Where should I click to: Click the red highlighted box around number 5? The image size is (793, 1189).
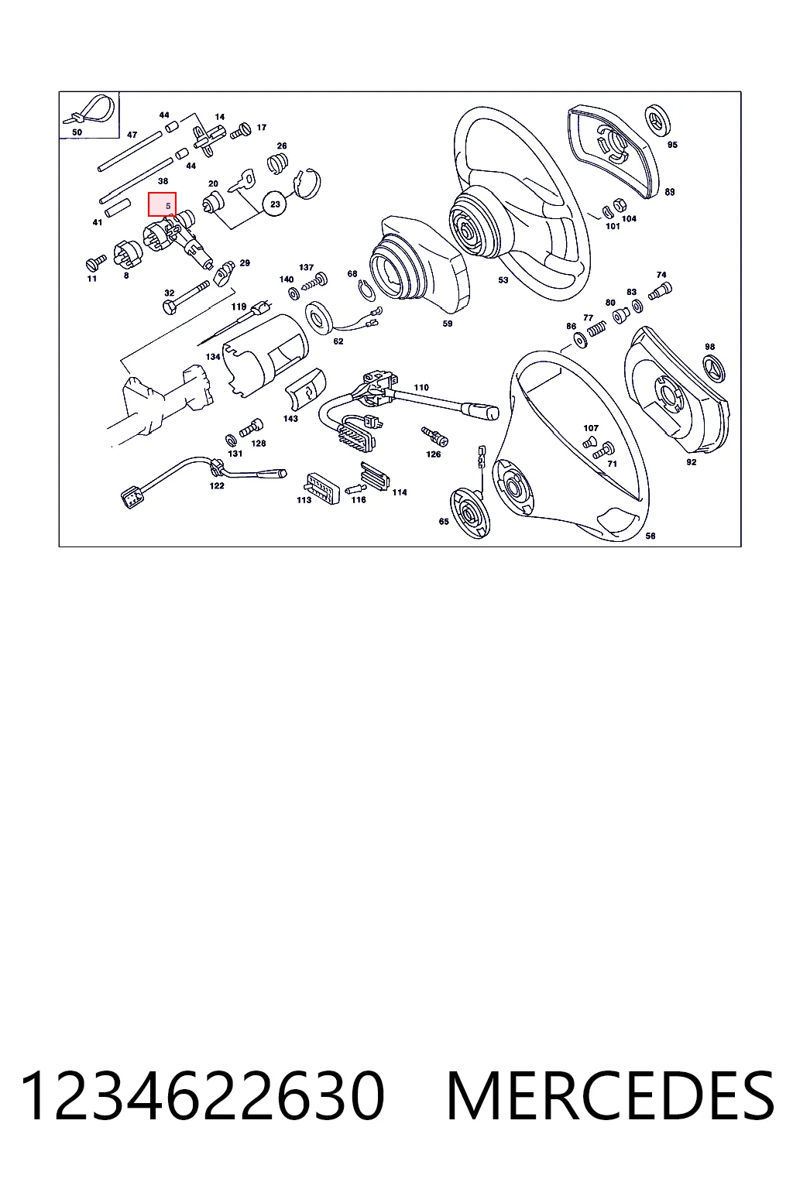(162, 204)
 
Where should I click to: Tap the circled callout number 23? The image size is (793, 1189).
(275, 204)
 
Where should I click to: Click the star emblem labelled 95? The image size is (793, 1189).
(657, 120)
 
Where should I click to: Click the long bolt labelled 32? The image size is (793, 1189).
(186, 298)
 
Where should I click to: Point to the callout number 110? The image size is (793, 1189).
(421, 388)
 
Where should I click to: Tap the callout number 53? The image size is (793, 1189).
(503, 279)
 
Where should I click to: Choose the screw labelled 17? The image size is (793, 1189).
(240, 131)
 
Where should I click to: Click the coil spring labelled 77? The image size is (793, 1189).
(596, 329)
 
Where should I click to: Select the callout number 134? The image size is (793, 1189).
(213, 357)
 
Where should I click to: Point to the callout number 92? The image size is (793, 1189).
(691, 462)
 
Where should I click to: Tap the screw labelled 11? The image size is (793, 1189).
(95, 262)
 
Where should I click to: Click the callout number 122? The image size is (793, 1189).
(217, 485)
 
